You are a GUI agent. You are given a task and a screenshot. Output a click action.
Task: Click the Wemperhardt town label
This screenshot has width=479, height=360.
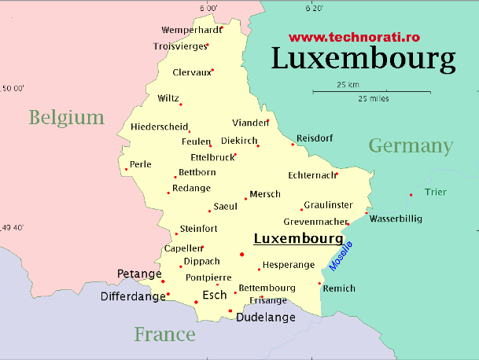[x=191, y=31]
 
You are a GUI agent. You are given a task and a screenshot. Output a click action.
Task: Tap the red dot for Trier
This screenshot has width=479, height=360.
[x=411, y=195]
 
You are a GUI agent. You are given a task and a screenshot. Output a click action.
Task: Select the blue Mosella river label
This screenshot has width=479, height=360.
[x=341, y=256]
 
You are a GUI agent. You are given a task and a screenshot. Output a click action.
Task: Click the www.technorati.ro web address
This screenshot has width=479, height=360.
[x=355, y=37]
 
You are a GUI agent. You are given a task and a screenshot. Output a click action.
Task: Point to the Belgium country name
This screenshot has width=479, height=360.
[x=67, y=118]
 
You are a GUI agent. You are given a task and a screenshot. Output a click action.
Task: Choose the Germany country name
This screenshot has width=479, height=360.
[x=411, y=145]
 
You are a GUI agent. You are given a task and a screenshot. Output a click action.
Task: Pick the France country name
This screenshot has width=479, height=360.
[x=164, y=334]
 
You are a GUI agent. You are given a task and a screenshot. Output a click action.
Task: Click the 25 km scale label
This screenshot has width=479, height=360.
[x=348, y=84]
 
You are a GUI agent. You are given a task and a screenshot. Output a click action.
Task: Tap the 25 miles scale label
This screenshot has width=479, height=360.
[x=373, y=99]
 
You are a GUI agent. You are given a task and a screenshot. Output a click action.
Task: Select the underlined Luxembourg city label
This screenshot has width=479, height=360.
[x=297, y=238]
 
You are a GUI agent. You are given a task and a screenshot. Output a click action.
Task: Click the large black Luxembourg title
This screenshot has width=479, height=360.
[x=363, y=59]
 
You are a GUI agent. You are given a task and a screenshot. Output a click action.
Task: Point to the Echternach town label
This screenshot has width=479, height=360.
[x=311, y=175]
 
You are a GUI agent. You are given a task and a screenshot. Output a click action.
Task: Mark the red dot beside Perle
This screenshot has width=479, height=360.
[x=127, y=169]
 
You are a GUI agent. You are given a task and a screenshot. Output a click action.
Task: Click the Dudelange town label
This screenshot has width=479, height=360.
[x=266, y=318]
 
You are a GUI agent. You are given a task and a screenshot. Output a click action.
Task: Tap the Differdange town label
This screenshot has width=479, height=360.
[x=133, y=297]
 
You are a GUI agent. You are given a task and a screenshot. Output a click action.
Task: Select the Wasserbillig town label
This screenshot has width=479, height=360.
[x=395, y=218]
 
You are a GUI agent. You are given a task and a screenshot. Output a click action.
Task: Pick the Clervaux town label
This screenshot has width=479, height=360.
[x=192, y=72]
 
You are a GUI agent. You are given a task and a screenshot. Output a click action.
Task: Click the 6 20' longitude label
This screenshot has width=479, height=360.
[x=314, y=9]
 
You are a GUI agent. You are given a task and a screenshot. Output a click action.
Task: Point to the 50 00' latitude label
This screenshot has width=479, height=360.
[x=12, y=88]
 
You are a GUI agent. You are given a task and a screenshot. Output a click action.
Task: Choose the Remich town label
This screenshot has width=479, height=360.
[x=340, y=288]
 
